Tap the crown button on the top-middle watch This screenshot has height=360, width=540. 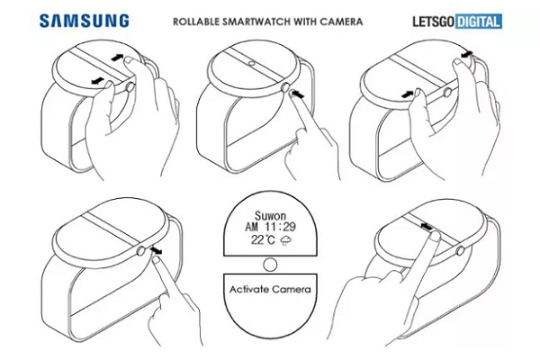click(x=287, y=90)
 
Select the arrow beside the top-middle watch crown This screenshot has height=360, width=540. click(x=300, y=90)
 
